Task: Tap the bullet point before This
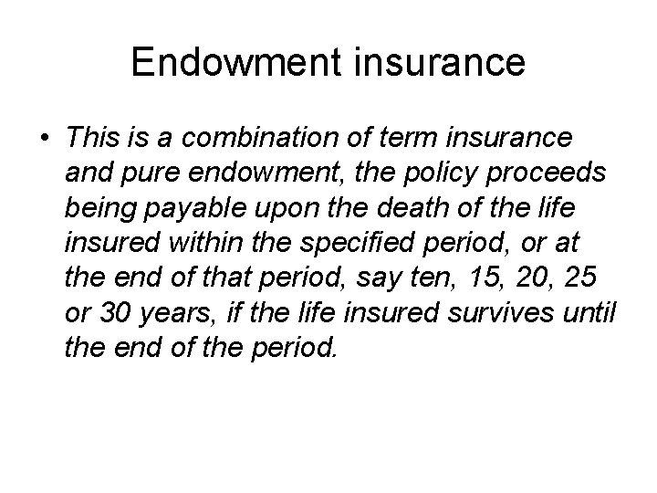coord(44,139)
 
